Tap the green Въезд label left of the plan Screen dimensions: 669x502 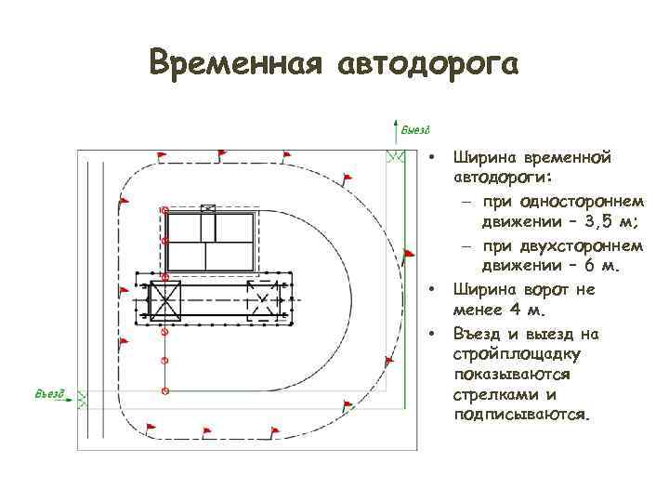(x=50, y=394)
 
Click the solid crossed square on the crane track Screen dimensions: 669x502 (x=165, y=301)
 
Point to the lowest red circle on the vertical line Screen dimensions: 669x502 (x=164, y=391)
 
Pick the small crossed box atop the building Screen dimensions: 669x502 (x=207, y=208)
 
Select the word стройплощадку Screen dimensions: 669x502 (x=517, y=354)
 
